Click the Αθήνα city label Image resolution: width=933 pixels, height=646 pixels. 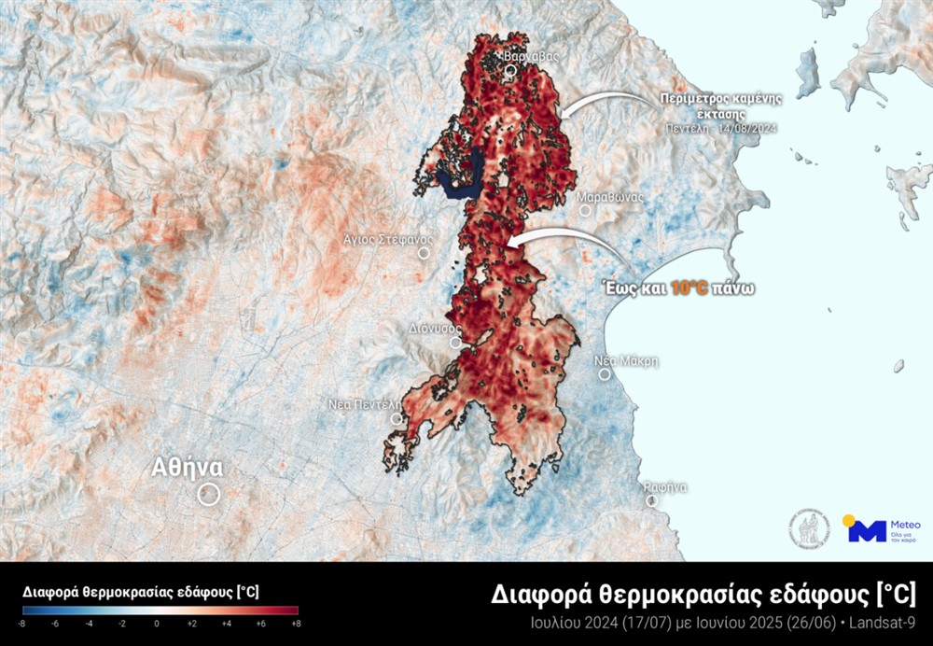(188, 467)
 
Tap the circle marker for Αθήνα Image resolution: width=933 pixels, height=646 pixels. (208, 494)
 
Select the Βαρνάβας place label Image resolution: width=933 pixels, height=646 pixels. (531, 56)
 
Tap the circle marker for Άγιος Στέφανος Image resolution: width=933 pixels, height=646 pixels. (424, 252)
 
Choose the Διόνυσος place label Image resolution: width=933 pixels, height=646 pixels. (436, 329)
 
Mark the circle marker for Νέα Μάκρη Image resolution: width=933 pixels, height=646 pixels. (605, 374)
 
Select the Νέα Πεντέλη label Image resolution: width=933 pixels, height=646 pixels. (365, 405)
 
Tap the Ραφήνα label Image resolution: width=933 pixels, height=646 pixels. (665, 486)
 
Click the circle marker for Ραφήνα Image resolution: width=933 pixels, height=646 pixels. (651, 500)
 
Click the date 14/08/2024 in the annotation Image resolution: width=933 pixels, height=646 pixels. (746, 127)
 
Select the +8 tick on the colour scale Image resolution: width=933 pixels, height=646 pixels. (295, 623)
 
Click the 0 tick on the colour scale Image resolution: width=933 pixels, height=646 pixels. (157, 623)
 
